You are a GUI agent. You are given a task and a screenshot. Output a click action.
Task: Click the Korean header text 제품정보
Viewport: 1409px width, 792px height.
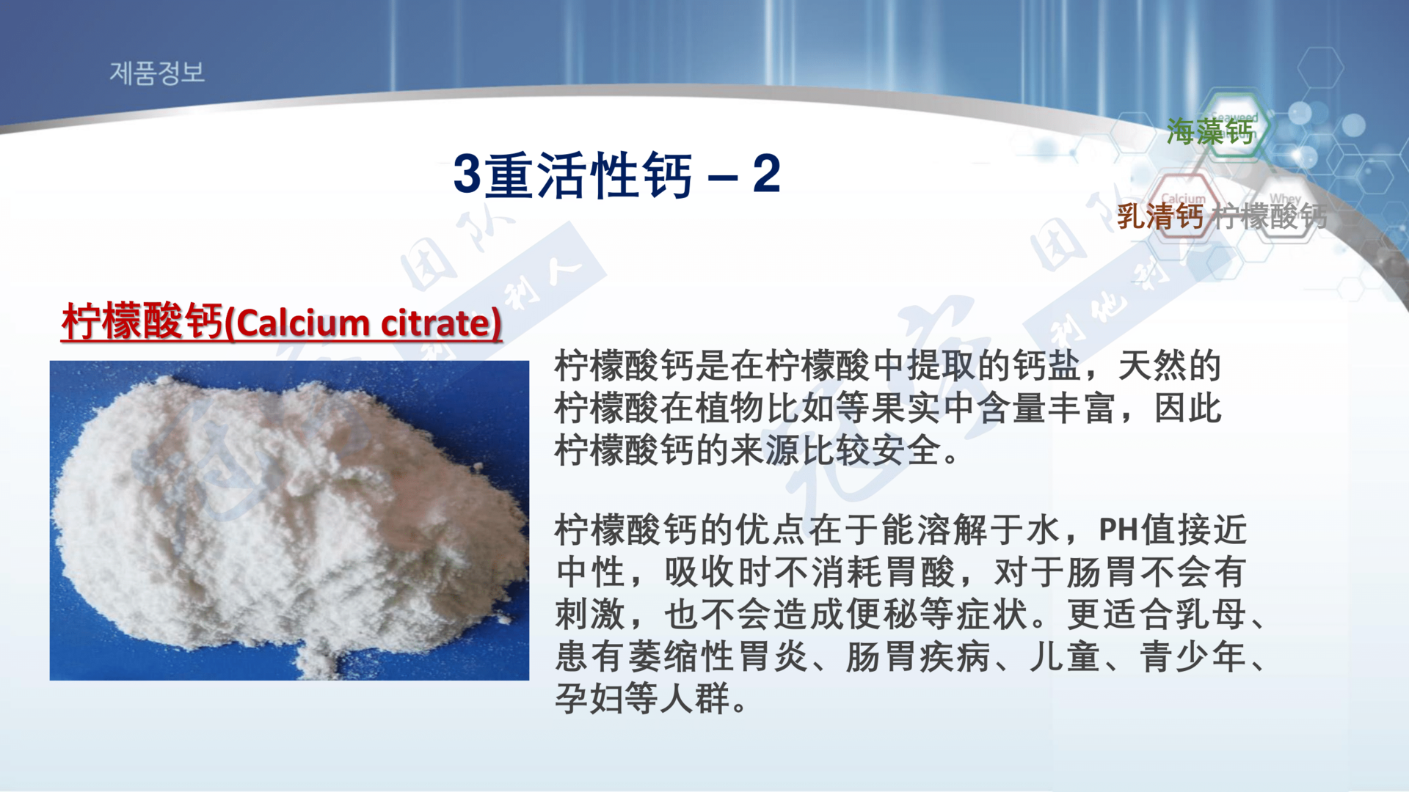157,73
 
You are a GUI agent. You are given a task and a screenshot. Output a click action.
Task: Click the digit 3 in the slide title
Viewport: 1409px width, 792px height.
467,175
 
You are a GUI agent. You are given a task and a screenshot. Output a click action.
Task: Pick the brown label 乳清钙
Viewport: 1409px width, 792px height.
1159,216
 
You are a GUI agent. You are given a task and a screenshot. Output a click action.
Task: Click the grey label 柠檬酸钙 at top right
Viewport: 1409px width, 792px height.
1270,216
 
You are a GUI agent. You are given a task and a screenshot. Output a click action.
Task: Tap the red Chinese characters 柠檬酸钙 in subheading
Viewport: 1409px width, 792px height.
142,321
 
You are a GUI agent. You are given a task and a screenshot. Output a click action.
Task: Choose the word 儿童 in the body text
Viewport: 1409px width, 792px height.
1064,656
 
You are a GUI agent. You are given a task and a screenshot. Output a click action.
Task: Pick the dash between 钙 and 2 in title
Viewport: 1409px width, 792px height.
723,176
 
